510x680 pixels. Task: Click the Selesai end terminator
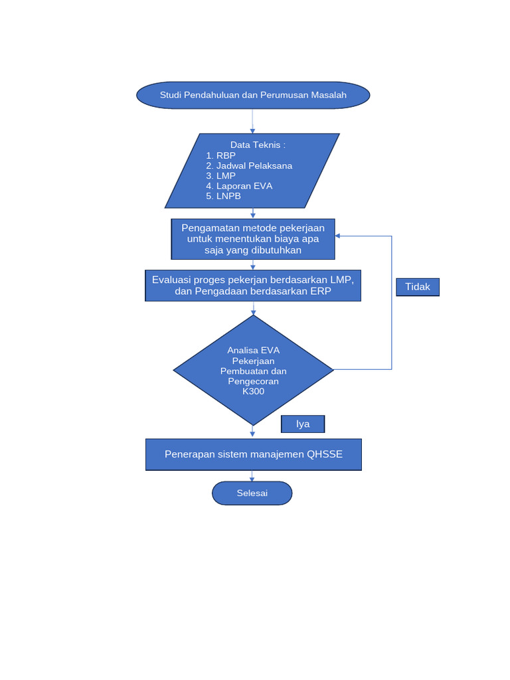(x=252, y=493)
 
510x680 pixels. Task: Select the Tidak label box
(x=418, y=287)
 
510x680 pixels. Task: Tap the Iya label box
(x=303, y=424)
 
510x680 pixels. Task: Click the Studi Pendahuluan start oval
(x=252, y=95)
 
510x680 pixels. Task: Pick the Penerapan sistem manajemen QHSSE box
(x=253, y=455)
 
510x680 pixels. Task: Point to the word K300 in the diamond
(x=253, y=391)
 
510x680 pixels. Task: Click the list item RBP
(x=226, y=155)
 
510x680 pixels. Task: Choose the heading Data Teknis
(x=258, y=145)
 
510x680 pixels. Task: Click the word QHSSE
(x=325, y=455)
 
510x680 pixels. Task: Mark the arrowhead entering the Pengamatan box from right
(x=338, y=236)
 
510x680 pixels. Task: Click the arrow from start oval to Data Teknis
(x=252, y=120)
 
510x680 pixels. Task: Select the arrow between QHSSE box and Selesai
(x=252, y=475)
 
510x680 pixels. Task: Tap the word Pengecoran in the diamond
(x=253, y=381)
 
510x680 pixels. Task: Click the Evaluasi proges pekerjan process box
(x=253, y=286)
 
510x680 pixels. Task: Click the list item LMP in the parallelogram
(x=226, y=176)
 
